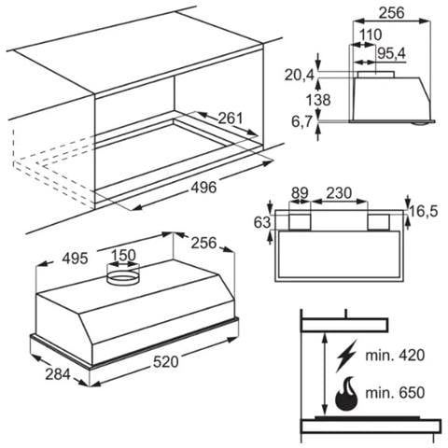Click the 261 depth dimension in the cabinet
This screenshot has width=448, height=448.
click(231, 119)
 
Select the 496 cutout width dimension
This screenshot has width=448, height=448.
click(203, 188)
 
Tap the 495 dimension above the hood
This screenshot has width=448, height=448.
click(75, 259)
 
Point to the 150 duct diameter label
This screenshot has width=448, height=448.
click(123, 256)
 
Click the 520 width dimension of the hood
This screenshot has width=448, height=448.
click(166, 362)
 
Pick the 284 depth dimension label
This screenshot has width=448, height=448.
click(58, 374)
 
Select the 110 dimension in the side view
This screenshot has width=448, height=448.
click(371, 35)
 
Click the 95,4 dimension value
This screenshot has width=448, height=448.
click(392, 53)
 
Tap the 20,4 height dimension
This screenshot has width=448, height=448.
click(300, 76)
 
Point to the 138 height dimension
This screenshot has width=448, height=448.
click(318, 100)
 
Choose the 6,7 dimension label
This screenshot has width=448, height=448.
click(301, 121)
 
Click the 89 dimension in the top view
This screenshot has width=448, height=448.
click(300, 193)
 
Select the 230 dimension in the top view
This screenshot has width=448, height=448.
click(339, 193)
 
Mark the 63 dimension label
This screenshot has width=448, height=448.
click(262, 223)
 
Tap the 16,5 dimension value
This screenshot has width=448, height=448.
click(424, 212)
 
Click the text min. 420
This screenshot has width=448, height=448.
click(395, 356)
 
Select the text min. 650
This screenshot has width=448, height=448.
click(395, 393)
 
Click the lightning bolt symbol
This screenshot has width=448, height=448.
click(346, 356)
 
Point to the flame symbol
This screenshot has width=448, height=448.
click(346, 393)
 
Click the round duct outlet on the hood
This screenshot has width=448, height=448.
click(122, 273)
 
